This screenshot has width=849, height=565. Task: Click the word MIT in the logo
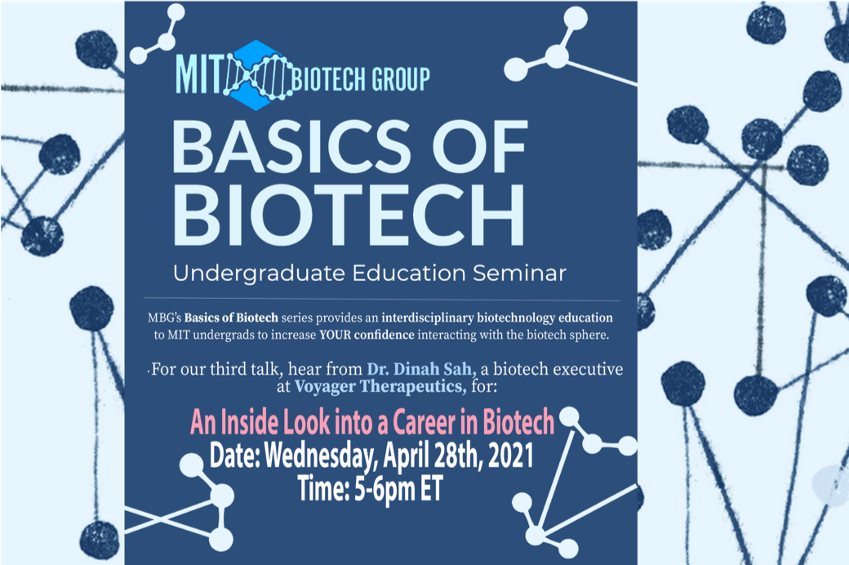tap(198, 74)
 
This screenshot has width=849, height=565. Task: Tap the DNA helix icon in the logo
tap(258, 75)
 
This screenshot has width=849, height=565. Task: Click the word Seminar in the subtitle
tap(519, 273)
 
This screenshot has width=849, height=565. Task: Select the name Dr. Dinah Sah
tap(421, 369)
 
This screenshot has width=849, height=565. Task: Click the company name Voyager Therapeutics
tap(380, 387)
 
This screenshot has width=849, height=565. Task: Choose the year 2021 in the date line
tap(510, 456)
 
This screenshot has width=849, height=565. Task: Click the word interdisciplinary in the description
tap(428, 318)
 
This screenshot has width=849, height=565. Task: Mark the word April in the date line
tap(406, 456)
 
